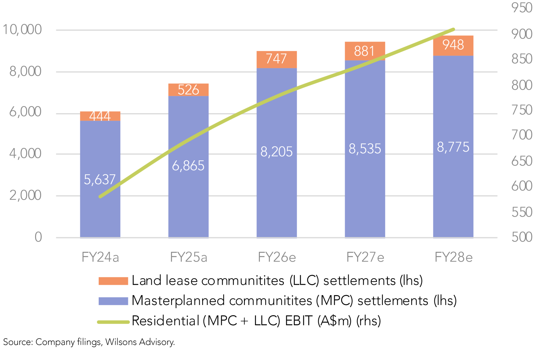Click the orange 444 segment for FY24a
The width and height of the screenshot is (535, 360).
click(100, 116)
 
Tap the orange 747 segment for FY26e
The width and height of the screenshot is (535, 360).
click(277, 59)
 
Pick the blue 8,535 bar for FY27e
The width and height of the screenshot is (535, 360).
click(365, 178)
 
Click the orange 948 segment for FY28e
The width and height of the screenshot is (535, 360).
click(453, 45)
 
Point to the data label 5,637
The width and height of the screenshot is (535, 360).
click(100, 180)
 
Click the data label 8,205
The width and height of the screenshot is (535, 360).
click(276, 152)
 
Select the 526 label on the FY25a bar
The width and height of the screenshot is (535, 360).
click(188, 90)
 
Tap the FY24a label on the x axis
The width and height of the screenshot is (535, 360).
click(100, 257)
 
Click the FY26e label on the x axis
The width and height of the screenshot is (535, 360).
click(277, 257)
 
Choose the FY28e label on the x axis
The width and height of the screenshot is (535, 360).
click(454, 257)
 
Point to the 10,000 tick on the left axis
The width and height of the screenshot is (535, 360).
click(22, 30)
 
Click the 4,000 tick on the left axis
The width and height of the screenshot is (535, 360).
click(25, 154)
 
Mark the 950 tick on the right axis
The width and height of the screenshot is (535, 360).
click(522, 8)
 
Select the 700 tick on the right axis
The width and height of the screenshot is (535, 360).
click(522, 135)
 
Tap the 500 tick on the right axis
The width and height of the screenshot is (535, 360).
click(522, 237)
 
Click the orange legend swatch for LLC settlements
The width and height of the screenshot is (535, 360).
click(113, 281)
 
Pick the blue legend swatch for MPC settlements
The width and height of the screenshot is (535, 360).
click(113, 301)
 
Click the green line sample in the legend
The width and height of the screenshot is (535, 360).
click(113, 322)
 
